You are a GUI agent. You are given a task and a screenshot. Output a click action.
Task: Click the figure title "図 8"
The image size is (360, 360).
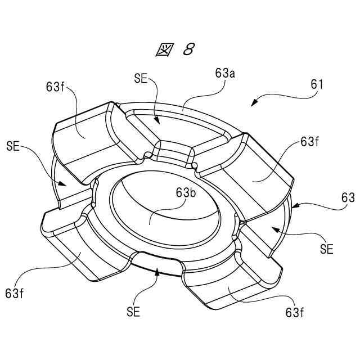pyautogui.click(x=174, y=49)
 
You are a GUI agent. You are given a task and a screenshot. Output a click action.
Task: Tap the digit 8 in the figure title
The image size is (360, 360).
pyautogui.click(x=188, y=49)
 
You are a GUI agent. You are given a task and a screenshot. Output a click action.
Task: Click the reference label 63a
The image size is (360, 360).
pyautogui.click(x=225, y=73)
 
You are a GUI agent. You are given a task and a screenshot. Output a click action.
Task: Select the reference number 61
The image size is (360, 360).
pyautogui.click(x=317, y=84)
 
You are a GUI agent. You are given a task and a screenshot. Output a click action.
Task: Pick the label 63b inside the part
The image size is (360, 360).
pyautogui.click(x=186, y=193)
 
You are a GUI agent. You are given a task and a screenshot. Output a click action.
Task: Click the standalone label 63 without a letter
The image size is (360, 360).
pyautogui.click(x=348, y=197)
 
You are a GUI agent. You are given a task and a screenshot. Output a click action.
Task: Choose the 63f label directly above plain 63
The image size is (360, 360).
pyautogui.click(x=310, y=141)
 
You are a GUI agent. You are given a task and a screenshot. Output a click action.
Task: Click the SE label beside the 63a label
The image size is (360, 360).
pyautogui.click(x=141, y=79)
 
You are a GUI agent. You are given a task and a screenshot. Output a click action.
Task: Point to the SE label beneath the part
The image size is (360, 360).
pyautogui.click(x=133, y=310)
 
